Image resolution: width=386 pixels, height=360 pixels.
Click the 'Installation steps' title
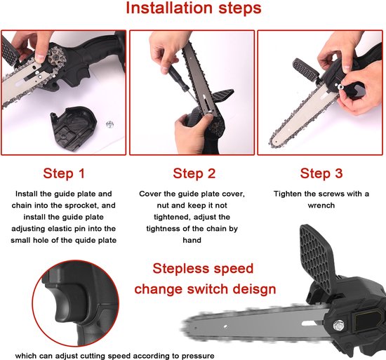point(194,8)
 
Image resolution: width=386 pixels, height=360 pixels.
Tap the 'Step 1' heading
point(64,173)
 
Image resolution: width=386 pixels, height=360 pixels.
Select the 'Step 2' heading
point(194,173)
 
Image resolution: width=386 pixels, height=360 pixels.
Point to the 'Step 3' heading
point(321,173)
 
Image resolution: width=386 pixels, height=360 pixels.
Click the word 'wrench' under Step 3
point(321,206)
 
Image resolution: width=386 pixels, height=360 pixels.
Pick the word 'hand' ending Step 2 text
point(192,240)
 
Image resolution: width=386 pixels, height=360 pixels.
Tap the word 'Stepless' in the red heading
point(180,269)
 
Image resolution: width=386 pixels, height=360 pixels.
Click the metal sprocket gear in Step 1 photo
point(56,58)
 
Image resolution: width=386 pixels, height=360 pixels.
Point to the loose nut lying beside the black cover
point(109,124)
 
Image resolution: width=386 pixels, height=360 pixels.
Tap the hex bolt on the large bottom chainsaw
point(339,326)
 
